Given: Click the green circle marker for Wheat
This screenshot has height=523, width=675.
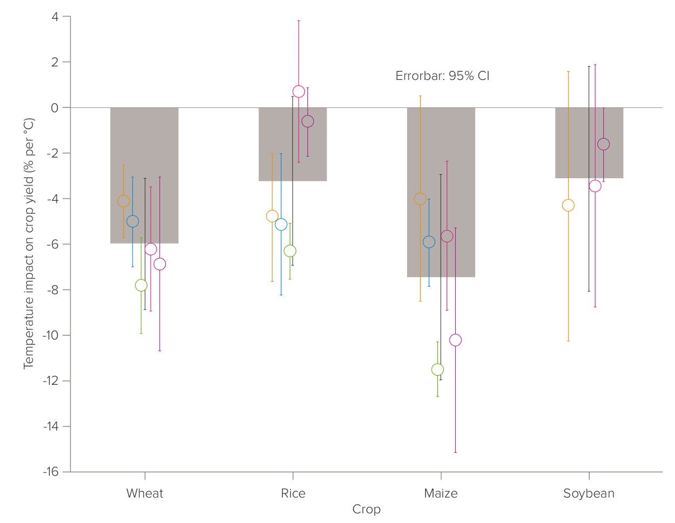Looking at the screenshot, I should click(x=141, y=285).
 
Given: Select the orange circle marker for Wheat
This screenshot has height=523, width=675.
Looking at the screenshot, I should click(x=124, y=201).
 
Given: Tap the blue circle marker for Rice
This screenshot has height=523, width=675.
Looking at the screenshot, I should click(x=281, y=225).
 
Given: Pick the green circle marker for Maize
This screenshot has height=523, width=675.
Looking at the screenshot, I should click(x=437, y=370).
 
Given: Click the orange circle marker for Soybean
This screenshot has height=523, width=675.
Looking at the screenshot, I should click(x=568, y=205).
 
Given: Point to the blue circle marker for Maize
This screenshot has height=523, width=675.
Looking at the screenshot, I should click(x=429, y=242).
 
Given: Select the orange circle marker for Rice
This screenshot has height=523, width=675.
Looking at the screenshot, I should click(x=272, y=216).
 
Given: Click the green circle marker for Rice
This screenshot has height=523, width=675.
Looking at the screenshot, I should click(x=290, y=251).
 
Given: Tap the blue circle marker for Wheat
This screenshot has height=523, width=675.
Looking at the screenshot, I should click(x=132, y=221).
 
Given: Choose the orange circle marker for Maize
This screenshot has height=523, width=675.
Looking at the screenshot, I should click(x=420, y=199).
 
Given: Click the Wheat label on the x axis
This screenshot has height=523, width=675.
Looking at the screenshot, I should click(x=144, y=493).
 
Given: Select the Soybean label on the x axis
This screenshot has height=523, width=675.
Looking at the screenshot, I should click(x=589, y=493).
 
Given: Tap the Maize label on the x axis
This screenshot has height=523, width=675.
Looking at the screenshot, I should click(x=441, y=493).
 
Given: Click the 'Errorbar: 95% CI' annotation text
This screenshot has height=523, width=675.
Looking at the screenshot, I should click(x=442, y=76).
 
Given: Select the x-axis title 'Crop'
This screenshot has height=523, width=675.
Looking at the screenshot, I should click(x=366, y=509).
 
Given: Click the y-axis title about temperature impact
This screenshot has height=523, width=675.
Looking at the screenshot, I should click(x=29, y=243).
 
